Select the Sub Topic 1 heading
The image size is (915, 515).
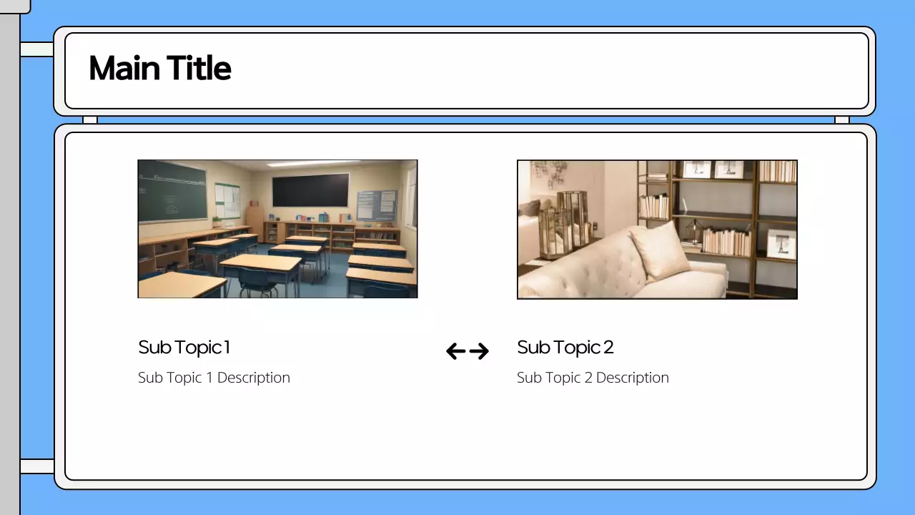[x=184, y=348]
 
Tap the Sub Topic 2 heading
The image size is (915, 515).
[x=565, y=348]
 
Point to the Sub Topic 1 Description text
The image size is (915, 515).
[x=214, y=378]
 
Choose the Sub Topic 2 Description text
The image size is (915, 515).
[x=593, y=378]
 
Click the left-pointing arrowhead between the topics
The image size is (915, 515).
[x=455, y=351]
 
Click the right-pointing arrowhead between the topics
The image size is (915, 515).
[x=480, y=351]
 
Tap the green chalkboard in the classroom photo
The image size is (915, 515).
[x=172, y=190]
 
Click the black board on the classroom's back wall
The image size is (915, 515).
[x=310, y=190]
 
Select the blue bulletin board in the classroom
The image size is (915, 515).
[x=376, y=205]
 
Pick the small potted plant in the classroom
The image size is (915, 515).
[x=216, y=221]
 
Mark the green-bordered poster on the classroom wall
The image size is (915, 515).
[x=227, y=200]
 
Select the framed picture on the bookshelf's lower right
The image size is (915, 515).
[x=781, y=244]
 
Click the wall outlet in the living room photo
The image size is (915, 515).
[x=594, y=227]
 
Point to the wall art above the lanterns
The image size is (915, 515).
[x=548, y=172]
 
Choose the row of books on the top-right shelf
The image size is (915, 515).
[x=777, y=171]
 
